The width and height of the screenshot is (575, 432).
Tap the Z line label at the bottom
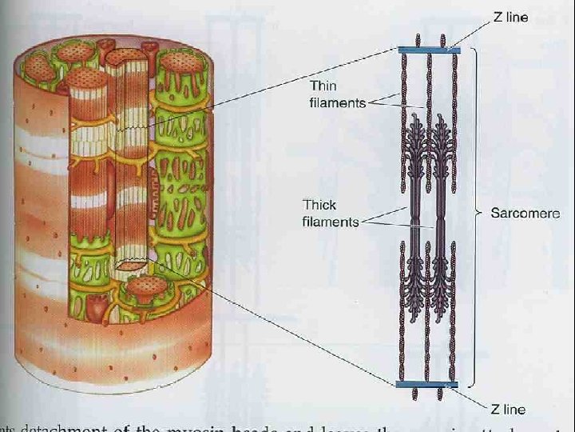tap(508, 409)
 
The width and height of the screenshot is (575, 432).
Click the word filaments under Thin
tap(337, 102)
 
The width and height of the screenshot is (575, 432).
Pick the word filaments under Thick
tap(331, 222)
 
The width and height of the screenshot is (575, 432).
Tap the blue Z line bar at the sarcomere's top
tap(430, 50)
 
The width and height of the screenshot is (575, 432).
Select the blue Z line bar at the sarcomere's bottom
tap(427, 385)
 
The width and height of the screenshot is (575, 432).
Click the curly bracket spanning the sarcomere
tap(477, 214)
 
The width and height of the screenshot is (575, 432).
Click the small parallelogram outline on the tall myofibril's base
tap(130, 263)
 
